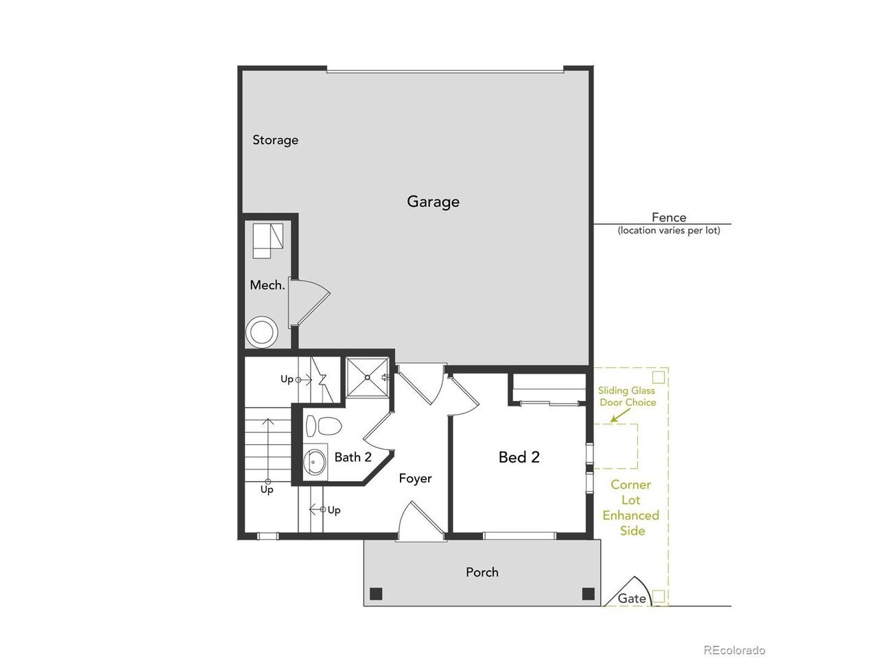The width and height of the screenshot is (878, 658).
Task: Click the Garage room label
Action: point(433,202)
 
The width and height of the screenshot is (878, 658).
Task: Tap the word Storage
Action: point(275,141)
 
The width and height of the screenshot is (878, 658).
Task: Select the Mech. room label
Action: point(268,285)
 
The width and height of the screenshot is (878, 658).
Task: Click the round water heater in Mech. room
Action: point(262,332)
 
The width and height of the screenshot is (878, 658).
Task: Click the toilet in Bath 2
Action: point(323,426)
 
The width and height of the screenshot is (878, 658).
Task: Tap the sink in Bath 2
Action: point(314,463)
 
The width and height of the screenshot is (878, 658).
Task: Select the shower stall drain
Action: point(367,378)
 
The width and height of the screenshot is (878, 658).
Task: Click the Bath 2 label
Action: point(353,457)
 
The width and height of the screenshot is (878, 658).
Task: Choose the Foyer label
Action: point(415,478)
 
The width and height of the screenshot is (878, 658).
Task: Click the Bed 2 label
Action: point(519,457)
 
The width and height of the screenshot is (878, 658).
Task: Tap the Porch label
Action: point(482,572)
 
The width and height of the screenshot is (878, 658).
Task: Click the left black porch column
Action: point(376,594)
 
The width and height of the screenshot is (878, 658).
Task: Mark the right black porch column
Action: point(588,594)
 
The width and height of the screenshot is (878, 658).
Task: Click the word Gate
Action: point(632,598)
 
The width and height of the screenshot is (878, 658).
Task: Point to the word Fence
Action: point(669,217)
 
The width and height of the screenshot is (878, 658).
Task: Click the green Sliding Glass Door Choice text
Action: point(627,396)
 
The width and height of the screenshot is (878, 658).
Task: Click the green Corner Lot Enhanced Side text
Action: point(631,508)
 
